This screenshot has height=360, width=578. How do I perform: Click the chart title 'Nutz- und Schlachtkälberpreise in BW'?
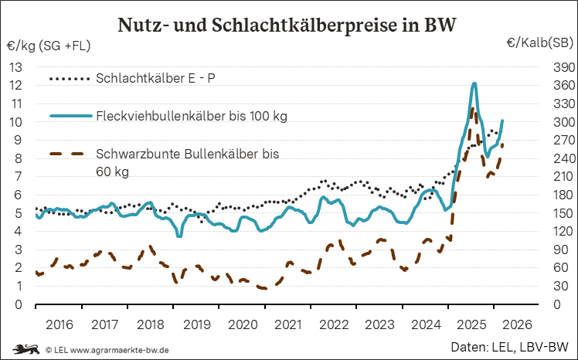point(287,25)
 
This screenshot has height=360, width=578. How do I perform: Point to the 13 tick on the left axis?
point(15,67)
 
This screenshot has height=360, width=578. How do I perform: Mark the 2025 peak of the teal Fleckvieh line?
point(474,83)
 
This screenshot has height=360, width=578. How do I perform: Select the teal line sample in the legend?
point(71,117)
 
